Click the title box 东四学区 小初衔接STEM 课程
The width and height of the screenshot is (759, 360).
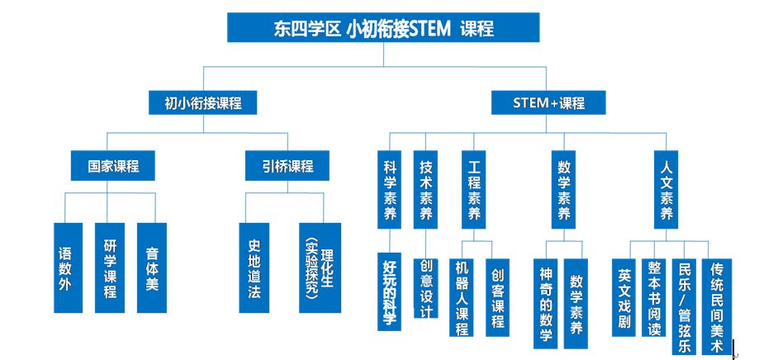click(383, 27)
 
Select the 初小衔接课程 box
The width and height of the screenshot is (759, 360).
click(202, 102)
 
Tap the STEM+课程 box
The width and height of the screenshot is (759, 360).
click(548, 102)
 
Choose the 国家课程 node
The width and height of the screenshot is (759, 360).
click(113, 165)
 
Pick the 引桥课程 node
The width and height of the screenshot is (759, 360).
click(287, 165)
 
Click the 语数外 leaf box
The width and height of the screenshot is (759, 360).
click(68, 268)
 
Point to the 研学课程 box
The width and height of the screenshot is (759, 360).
click(109, 268)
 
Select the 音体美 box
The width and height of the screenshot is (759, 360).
click(151, 268)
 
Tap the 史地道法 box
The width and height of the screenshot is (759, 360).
click(254, 268)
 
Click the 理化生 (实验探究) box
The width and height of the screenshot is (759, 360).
click(320, 268)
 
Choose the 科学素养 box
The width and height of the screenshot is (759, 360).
click(389, 189)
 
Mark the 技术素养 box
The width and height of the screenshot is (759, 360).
click(425, 189)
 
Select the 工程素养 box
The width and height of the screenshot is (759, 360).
click(474, 189)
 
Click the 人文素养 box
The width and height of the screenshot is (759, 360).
click(666, 189)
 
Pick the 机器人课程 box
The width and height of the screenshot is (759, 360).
click(462, 297)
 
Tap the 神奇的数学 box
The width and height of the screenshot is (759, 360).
click(546, 303)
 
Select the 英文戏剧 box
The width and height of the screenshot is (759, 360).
click(624, 297)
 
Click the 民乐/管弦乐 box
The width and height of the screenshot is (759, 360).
click(684, 306)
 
